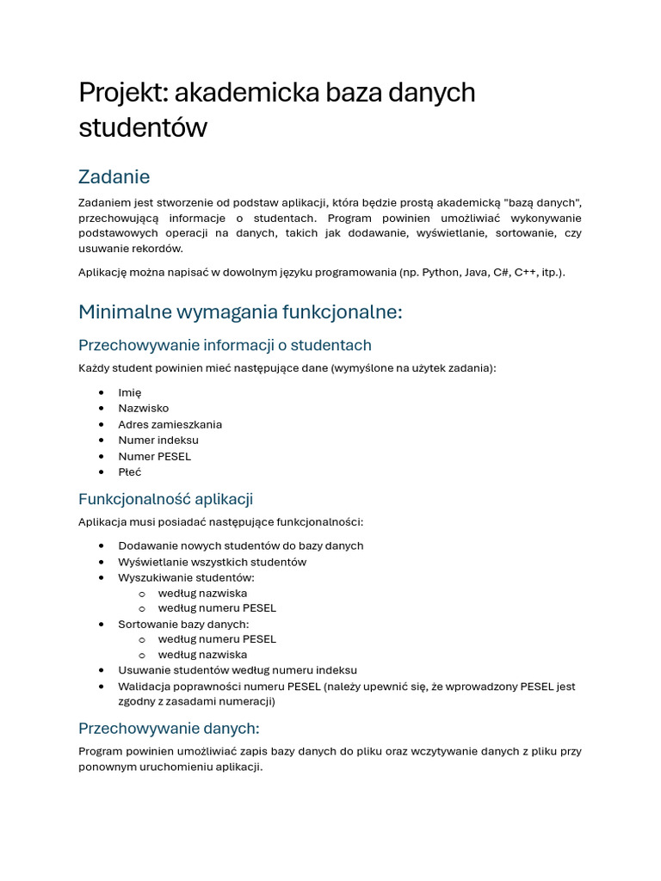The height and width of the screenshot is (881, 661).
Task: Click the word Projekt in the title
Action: pyautogui.click(x=119, y=93)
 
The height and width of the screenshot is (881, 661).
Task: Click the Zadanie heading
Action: pyautogui.click(x=114, y=176)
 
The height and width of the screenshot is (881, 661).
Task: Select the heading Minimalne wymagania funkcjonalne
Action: pyautogui.click(x=240, y=311)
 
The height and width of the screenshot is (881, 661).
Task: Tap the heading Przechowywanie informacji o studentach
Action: pyautogui.click(x=225, y=345)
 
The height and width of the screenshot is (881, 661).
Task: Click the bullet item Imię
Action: pyautogui.click(x=130, y=392)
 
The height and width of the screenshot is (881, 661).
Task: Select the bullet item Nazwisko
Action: pyautogui.click(x=144, y=408)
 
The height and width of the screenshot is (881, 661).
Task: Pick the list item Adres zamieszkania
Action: pyautogui.click(x=170, y=424)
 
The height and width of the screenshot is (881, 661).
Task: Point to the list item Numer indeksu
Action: pyautogui.click(x=158, y=440)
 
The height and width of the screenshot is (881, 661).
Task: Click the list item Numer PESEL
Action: pyautogui.click(x=155, y=456)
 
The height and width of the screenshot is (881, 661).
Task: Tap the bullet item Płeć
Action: pyautogui.click(x=130, y=471)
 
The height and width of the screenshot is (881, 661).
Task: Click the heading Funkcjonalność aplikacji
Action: pyautogui.click(x=165, y=499)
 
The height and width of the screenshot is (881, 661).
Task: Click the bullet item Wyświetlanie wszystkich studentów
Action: pyautogui.click(x=212, y=562)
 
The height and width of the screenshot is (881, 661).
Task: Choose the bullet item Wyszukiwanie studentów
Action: pyautogui.click(x=186, y=577)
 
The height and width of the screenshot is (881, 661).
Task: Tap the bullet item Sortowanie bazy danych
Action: pyautogui.click(x=183, y=624)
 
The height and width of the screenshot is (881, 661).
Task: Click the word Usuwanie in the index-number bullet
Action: pyautogui.click(x=142, y=670)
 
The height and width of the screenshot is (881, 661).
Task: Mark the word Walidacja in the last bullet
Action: pyautogui.click(x=145, y=687)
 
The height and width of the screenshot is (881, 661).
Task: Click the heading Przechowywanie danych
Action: pyautogui.click(x=169, y=728)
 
